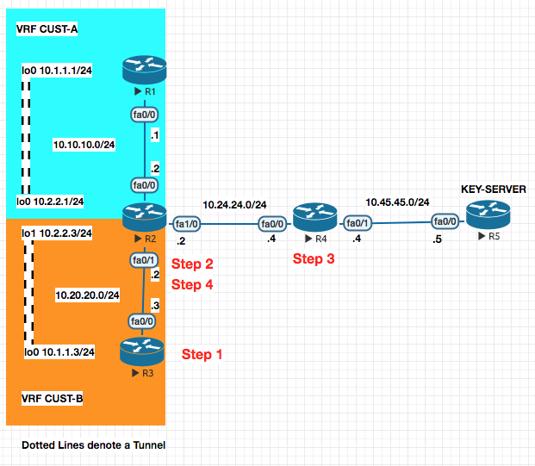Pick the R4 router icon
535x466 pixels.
pos(310,214)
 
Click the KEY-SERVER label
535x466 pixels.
pos(493,190)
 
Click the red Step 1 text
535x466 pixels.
pos(202,355)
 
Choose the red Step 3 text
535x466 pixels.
pos(313,258)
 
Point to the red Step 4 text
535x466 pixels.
pos(192,284)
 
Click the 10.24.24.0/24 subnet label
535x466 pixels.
pos(234,204)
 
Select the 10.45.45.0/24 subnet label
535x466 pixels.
pos(398,202)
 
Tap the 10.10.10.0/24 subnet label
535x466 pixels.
pos(84,145)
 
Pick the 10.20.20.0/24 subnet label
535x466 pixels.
pos(86,295)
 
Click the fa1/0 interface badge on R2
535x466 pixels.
pos(186,223)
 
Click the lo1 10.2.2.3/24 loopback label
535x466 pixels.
pos(57,233)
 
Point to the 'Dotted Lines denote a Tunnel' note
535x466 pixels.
pos(93,445)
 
